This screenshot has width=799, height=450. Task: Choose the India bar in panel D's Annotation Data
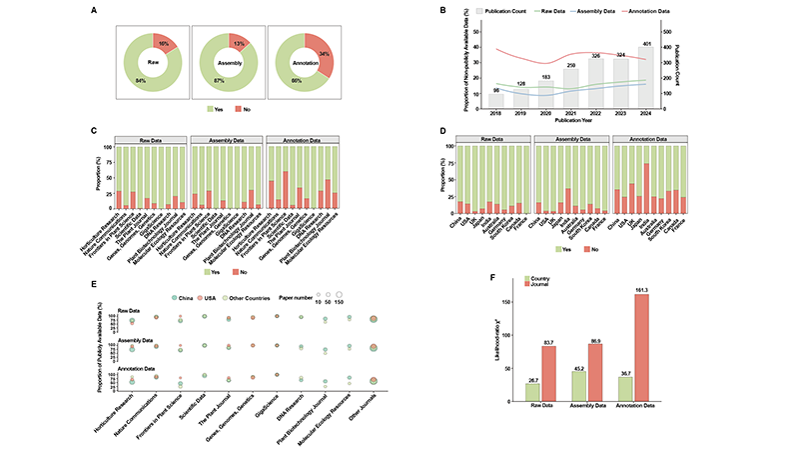[646, 189]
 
